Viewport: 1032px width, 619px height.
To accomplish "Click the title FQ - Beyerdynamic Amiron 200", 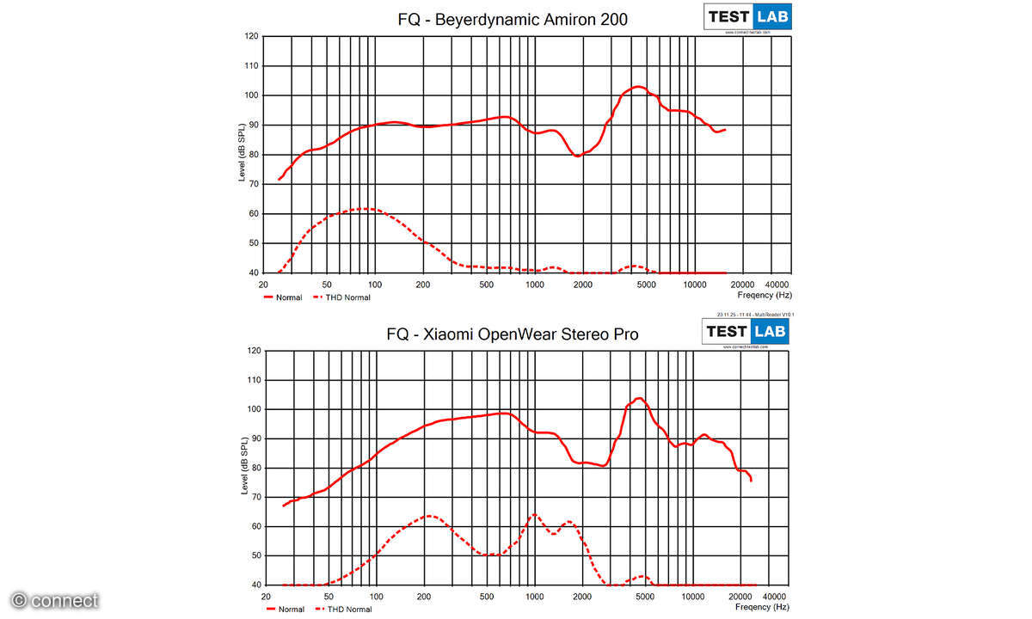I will point(513,19).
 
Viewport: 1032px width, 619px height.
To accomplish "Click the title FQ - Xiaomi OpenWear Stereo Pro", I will point(513,334).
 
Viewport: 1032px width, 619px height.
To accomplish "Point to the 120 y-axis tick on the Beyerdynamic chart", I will point(251,36).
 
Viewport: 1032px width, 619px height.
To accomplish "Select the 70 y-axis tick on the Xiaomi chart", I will point(252,497).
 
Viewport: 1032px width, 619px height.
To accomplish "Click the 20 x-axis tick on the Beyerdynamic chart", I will point(262,285).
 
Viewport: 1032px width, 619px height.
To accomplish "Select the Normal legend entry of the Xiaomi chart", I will point(287,610).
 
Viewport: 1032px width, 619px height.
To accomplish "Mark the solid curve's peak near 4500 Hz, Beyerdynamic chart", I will point(637,87).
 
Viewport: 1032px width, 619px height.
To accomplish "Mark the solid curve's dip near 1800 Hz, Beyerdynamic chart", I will point(577,156).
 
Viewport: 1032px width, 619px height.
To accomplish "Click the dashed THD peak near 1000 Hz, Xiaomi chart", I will point(534,515).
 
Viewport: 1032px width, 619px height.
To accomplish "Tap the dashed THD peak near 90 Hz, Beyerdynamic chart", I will point(365,209).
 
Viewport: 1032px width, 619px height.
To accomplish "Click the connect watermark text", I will point(55,601).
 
